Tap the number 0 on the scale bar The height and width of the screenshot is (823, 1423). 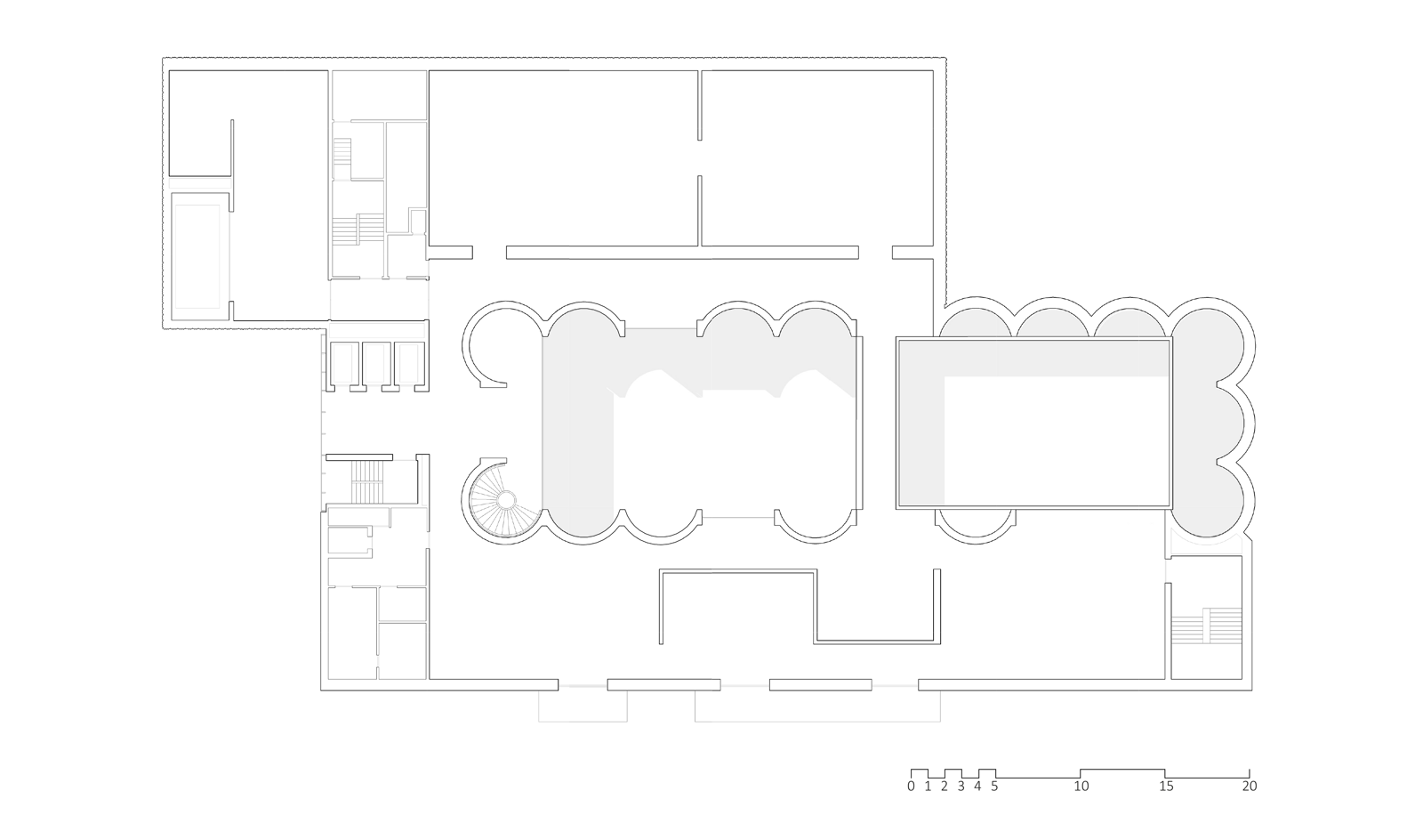[911, 787]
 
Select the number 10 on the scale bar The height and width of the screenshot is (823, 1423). [1081, 787]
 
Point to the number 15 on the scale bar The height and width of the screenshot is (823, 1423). [1166, 787]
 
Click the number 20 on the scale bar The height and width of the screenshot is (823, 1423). [1250, 787]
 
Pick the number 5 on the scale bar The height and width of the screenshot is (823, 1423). [994, 787]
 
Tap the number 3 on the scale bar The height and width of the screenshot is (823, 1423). [961, 787]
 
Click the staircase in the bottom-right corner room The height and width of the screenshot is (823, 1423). [1206, 626]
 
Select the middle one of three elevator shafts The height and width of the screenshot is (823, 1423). [376, 364]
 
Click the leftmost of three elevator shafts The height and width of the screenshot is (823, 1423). [343, 364]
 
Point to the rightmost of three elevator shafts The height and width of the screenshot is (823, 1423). [409, 364]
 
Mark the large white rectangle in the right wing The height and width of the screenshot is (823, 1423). [1033, 423]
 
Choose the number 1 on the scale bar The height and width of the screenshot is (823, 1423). [928, 787]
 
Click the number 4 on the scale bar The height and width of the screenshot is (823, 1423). [977, 787]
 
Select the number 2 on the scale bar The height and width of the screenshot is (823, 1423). [945, 787]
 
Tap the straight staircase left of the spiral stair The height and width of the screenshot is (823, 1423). [366, 482]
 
